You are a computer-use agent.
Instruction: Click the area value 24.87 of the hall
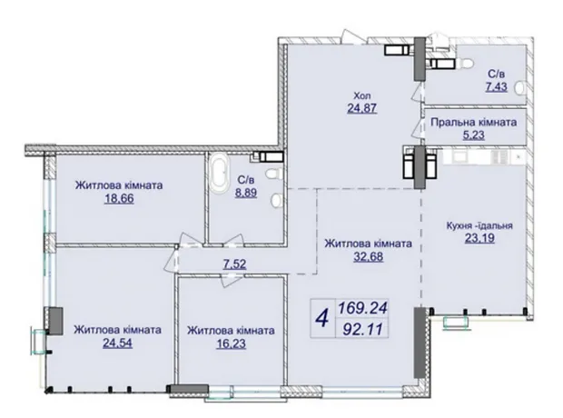(362, 108)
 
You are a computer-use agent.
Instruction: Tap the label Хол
(362, 95)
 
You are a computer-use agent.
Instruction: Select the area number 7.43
(497, 86)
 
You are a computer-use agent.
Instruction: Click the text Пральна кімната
(474, 122)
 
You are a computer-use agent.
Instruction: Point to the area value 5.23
(474, 134)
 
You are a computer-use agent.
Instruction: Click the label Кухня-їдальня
(479, 225)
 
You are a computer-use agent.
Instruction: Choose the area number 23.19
(479, 238)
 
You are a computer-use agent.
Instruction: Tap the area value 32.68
(369, 256)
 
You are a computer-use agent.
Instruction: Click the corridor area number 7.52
(235, 264)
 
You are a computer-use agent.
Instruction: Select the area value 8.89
(246, 193)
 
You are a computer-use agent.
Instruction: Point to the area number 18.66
(119, 198)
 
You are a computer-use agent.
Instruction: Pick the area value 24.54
(117, 343)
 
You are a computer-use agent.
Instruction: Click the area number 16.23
(232, 343)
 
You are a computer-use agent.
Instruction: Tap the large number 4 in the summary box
(322, 318)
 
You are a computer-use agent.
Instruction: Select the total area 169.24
(362, 308)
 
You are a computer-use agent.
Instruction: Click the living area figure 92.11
(362, 329)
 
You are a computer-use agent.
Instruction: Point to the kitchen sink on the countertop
(459, 156)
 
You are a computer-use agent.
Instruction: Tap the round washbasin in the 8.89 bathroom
(276, 201)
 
